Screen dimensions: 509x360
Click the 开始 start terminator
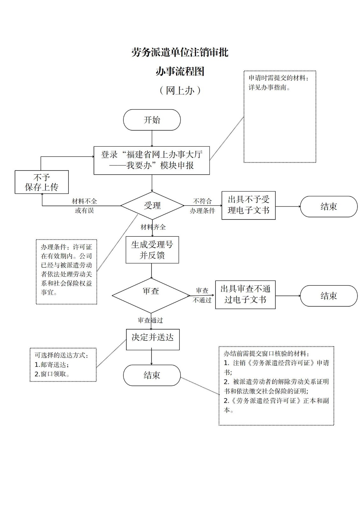click(152, 120)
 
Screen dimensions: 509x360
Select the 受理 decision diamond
click(152, 206)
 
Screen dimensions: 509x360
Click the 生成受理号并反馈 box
click(152, 250)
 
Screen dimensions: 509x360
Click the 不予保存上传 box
click(42, 182)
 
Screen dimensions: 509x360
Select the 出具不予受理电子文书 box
click(248, 205)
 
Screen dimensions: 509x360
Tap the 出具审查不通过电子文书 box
click(245, 295)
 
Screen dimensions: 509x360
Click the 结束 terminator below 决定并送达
click(152, 375)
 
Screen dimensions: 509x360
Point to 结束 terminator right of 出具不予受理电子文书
click(328, 206)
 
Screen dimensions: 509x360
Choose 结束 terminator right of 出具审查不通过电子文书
click(328, 296)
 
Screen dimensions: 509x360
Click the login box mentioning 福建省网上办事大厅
click(152, 160)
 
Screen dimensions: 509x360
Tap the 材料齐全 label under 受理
click(153, 227)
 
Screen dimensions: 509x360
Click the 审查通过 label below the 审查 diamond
click(150, 320)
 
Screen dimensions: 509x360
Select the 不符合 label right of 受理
click(202, 201)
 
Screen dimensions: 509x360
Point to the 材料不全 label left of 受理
click(84, 201)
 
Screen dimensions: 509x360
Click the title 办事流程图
click(180, 71)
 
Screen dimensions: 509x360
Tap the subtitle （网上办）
click(180, 91)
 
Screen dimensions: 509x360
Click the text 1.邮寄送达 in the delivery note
click(52, 365)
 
